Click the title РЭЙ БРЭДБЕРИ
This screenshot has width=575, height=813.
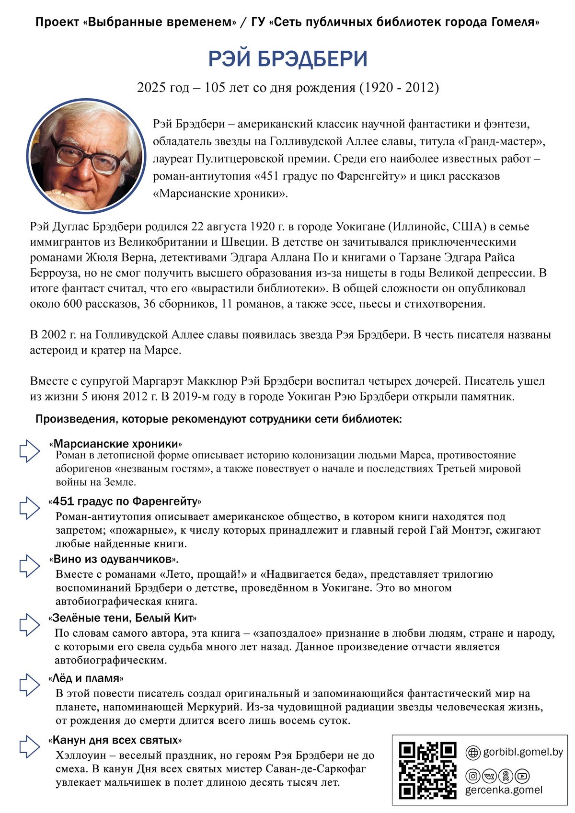[287, 59]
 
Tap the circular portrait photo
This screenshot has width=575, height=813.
[86, 158]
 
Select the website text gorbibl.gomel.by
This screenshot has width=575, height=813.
[523, 752]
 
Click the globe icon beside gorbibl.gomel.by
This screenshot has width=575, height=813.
[473, 753]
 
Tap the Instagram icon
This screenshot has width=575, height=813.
[473, 776]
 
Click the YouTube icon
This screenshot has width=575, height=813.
[522, 776]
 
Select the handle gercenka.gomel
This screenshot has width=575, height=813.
[504, 790]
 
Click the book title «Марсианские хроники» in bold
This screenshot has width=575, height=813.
[115, 444]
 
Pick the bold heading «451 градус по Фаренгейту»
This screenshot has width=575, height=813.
[125, 502]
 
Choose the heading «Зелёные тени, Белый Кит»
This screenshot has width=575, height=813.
[122, 618]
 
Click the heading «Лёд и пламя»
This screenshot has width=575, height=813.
[86, 678]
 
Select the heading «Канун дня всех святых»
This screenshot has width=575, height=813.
[115, 740]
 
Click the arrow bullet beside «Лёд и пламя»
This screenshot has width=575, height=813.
[29, 685]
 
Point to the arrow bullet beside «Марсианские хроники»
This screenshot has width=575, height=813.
[29, 451]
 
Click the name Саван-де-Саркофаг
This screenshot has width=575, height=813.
[307, 769]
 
